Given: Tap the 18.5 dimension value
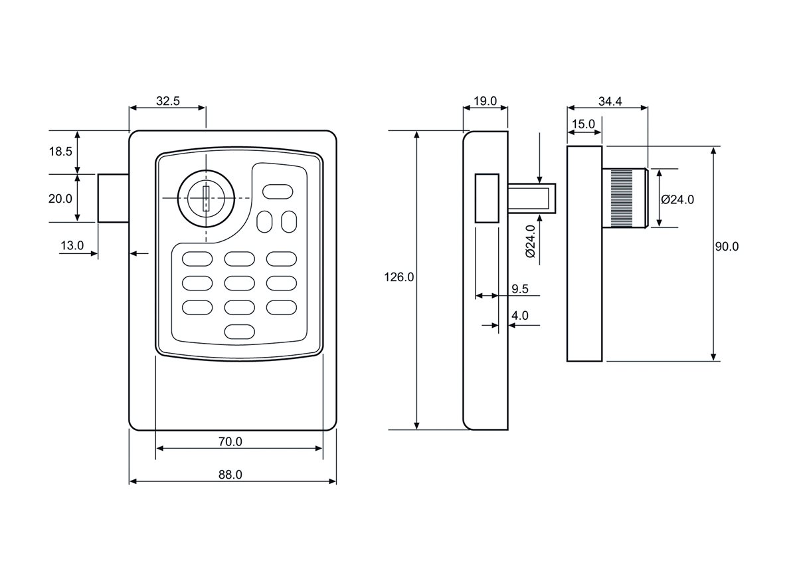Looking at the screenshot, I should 60,152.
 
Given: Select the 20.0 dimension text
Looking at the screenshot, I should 60,198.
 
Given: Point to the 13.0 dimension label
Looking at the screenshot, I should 72,245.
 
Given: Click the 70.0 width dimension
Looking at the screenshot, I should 230,441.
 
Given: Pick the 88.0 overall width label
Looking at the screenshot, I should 230,474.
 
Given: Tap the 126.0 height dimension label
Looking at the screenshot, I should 398,278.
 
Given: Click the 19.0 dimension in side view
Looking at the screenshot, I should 485,101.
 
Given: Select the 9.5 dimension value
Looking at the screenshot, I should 520,289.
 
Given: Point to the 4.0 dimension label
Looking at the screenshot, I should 520,316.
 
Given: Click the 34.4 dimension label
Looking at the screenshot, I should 609,101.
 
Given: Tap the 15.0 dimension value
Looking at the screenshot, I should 583,124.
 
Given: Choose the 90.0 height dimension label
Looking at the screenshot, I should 727,247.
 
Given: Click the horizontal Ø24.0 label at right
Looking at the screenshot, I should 678,199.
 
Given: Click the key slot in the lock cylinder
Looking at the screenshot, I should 205,199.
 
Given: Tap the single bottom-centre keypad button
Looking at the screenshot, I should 240,330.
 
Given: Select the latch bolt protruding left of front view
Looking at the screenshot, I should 113,198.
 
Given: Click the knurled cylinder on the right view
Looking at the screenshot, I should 624,198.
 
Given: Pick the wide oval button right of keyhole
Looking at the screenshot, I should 278,191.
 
